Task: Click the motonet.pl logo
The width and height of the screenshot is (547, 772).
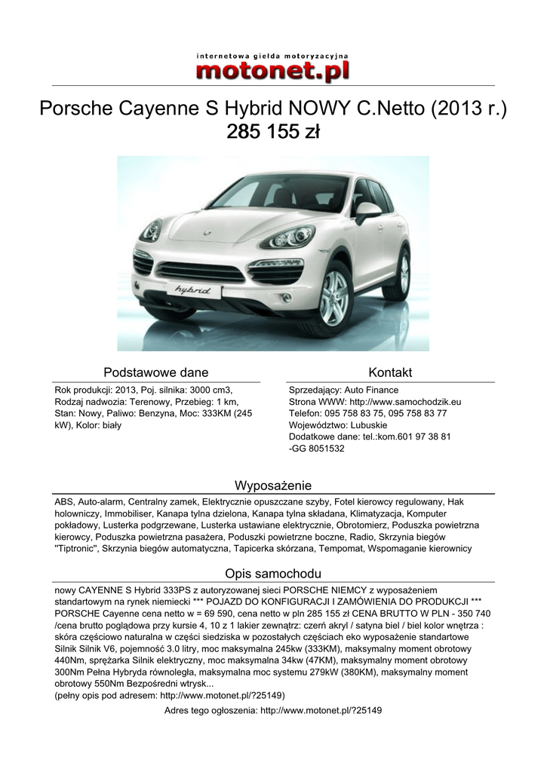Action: point(273,70)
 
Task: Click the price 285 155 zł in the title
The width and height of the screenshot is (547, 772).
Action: point(273,133)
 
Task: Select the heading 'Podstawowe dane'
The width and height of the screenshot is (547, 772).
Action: point(156,372)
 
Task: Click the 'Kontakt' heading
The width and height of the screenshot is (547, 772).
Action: point(390,372)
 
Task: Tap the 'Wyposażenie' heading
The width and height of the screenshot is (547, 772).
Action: point(273,485)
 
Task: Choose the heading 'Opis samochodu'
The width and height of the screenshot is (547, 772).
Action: point(273,573)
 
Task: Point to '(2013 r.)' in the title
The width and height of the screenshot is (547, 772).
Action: point(469,109)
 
